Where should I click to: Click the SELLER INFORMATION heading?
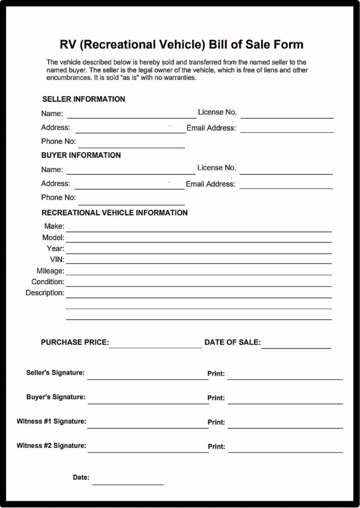coord(83,99)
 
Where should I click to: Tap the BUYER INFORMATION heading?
coord(81,155)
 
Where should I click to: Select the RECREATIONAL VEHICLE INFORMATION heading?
coord(115,213)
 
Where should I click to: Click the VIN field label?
coord(57,259)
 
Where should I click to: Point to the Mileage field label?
coord(50,271)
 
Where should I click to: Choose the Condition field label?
coord(48,282)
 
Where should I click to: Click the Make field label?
coord(54,226)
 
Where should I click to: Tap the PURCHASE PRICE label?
coord(75,342)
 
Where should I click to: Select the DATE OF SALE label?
coord(232,342)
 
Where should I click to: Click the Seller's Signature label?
coord(56,373)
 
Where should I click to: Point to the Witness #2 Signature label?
coord(52,445)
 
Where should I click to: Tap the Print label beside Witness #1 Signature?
coord(216,422)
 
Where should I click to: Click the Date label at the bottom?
coord(81,477)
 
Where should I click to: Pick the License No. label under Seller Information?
coord(217,112)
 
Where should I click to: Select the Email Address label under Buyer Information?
coord(210,184)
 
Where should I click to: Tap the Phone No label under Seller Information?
coord(59,141)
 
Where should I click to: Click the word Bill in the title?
coord(219,45)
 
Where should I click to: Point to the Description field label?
coord(45,293)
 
